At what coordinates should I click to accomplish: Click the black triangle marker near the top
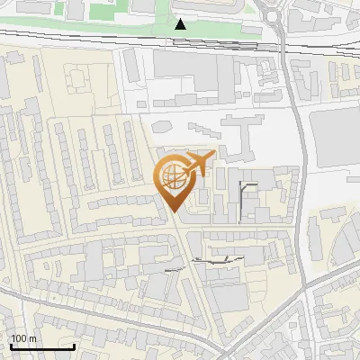[181, 24]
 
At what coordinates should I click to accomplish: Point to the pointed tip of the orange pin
[174, 211]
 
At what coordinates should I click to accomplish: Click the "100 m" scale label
[22, 338]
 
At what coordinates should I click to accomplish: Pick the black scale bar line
[41, 346]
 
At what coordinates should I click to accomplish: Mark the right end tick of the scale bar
[74, 346]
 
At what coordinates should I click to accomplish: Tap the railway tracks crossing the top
[90, 39]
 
